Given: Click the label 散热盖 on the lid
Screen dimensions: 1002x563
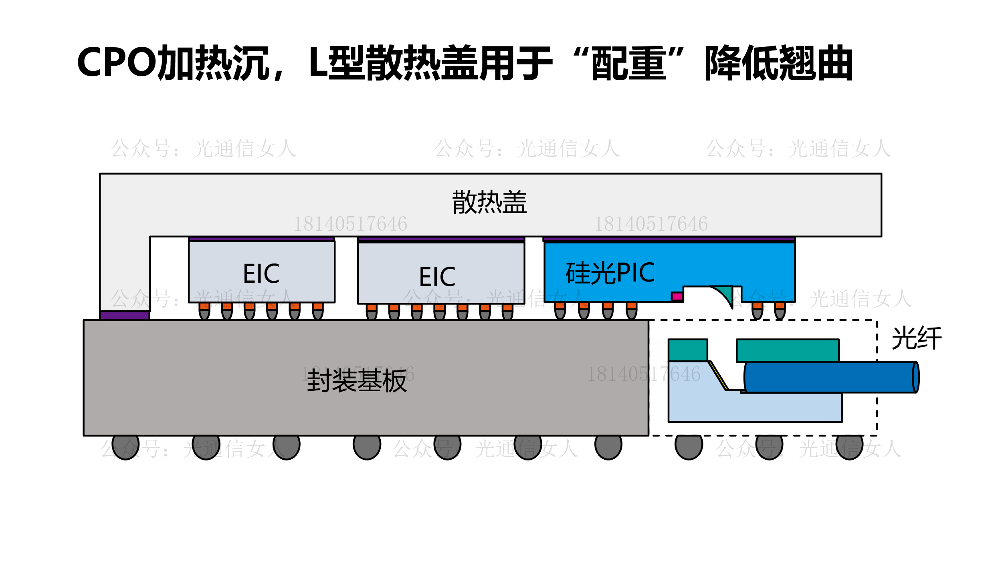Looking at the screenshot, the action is point(489,202).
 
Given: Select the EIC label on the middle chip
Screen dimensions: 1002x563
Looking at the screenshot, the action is point(437,277).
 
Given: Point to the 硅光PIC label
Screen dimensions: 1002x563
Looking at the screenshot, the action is point(610,273).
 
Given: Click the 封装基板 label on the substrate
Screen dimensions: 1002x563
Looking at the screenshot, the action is point(357,381).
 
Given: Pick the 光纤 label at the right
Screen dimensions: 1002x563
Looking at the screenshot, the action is point(916,338).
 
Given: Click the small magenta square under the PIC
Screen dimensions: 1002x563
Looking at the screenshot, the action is point(677,296).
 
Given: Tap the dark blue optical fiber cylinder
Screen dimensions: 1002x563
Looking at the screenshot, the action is point(831,377).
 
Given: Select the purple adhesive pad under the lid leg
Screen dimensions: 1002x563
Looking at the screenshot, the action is point(125,316).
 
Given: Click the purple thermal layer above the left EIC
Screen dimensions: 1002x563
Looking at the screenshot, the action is point(261,239).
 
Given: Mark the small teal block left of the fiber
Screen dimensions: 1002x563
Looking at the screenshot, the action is point(688,350).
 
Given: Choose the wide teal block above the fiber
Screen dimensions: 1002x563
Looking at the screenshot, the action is point(788,350).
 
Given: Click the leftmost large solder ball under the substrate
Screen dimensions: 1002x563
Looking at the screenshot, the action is point(125,446).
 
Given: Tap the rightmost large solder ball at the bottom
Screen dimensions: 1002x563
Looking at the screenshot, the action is point(849,446).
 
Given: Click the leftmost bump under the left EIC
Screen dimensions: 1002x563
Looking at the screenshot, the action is point(204,311).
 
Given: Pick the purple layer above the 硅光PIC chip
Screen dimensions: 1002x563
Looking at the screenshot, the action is point(669,239).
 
